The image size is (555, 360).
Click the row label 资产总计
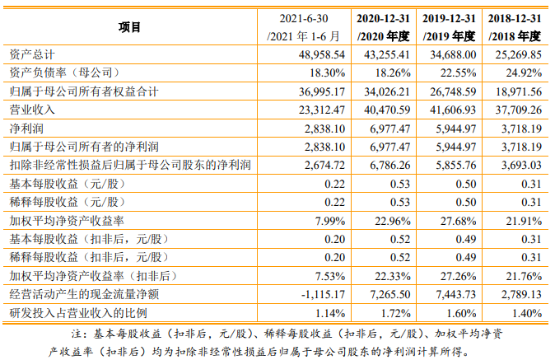[x=27, y=54]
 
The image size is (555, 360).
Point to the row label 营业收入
[x=27, y=110]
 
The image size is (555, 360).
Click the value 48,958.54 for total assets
[x=314, y=54]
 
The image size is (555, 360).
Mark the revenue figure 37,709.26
[x=515, y=110]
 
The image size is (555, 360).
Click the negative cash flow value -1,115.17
[x=315, y=294]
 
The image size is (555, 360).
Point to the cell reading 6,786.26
[x=385, y=165]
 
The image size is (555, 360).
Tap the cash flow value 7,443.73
[x=451, y=294]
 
